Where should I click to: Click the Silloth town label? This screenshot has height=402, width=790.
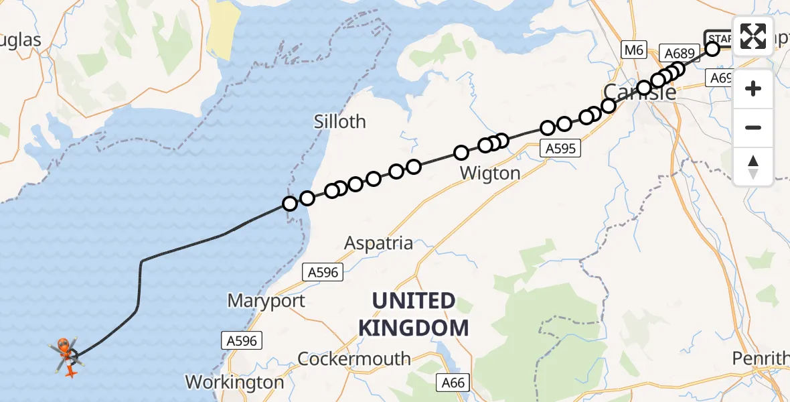click(341, 121)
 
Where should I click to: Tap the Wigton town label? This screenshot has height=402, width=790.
click(491, 174)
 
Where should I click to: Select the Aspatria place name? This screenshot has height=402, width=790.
click(378, 243)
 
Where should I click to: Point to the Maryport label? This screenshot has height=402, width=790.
click(266, 301)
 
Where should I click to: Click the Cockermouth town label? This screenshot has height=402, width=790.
click(354, 358)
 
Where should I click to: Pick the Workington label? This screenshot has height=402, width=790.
click(234, 383)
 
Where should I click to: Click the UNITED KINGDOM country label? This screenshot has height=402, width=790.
click(413, 314)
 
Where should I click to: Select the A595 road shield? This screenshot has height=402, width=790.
click(560, 149)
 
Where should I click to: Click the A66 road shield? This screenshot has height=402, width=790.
click(454, 383)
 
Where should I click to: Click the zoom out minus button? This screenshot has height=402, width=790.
click(753, 127)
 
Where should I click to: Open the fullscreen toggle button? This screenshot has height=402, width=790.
click(753, 36)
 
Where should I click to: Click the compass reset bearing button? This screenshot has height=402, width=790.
click(753, 166)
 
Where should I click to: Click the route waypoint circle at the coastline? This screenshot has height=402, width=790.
click(290, 203)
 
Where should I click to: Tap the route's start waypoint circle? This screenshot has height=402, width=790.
click(712, 48)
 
